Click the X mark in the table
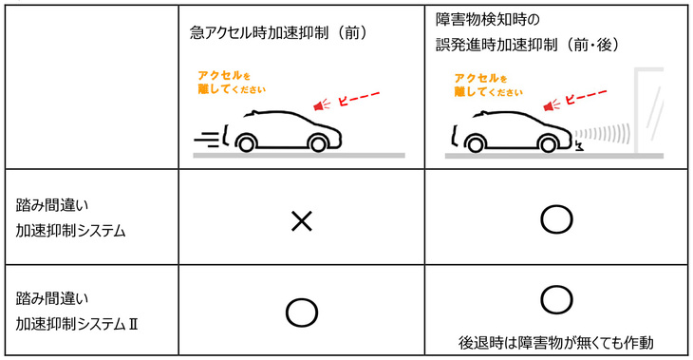(301, 221)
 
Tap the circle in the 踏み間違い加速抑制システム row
(557, 220)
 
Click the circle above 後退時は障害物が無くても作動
(557, 299)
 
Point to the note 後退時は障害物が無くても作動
(557, 341)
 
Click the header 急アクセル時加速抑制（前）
(278, 32)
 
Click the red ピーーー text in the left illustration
(360, 98)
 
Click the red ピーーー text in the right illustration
(586, 98)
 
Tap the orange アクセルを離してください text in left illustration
(226, 81)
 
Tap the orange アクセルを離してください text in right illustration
(489, 85)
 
